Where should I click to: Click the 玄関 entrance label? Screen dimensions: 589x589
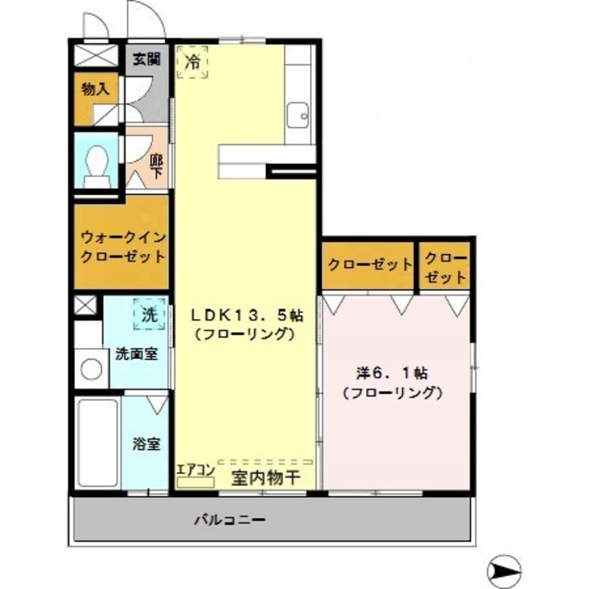tap(147, 59)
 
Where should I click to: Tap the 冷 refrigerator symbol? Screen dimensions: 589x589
tap(192, 62)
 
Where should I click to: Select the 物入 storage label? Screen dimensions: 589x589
tap(96, 89)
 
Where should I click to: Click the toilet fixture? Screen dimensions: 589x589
tap(97, 166)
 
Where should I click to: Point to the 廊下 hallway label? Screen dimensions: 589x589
tap(156, 167)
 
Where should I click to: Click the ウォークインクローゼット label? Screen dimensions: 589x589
tap(123, 248)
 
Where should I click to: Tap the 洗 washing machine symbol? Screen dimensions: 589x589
tap(149, 314)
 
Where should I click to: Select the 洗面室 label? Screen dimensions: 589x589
tap(136, 353)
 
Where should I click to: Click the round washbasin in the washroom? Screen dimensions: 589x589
tap(91, 369)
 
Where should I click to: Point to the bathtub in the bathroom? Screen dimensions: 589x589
tap(98, 444)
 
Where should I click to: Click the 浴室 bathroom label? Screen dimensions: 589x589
tap(146, 444)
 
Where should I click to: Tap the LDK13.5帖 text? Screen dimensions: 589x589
tap(247, 316)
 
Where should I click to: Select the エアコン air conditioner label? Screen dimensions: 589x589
tap(195, 469)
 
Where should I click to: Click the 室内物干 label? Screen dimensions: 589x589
tap(266, 478)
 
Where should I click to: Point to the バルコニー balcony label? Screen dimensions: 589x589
tap(230, 520)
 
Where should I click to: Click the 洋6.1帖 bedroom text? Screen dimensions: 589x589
tap(391, 374)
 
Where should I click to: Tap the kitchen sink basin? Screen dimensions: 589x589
tap(298, 116)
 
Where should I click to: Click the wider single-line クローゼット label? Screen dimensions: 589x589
tap(370, 265)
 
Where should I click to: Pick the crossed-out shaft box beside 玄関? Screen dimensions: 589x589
tap(96, 55)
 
